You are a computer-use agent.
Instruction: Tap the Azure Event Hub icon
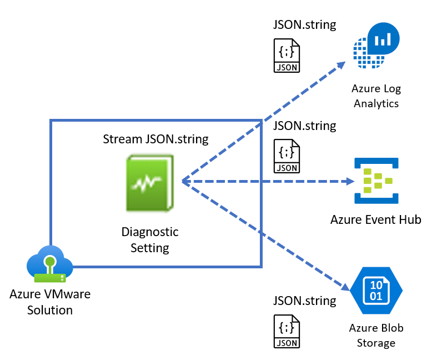(376, 181)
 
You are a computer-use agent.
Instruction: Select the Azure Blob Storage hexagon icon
(376, 290)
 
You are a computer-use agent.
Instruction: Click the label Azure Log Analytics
(376, 96)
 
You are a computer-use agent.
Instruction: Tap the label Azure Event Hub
(376, 219)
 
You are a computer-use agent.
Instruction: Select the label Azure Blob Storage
(376, 335)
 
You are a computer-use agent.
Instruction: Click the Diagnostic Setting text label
(150, 239)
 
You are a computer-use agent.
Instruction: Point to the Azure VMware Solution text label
(49, 302)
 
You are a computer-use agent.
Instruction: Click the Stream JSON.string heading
(156, 139)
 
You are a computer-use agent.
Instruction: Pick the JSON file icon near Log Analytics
(287, 56)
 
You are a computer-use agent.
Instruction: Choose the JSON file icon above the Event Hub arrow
(287, 156)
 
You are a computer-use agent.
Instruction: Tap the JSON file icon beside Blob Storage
(287, 332)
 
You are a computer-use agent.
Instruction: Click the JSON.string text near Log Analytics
(305, 26)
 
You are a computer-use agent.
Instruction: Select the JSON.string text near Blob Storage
(305, 301)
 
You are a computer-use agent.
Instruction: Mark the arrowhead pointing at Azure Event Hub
(350, 181)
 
